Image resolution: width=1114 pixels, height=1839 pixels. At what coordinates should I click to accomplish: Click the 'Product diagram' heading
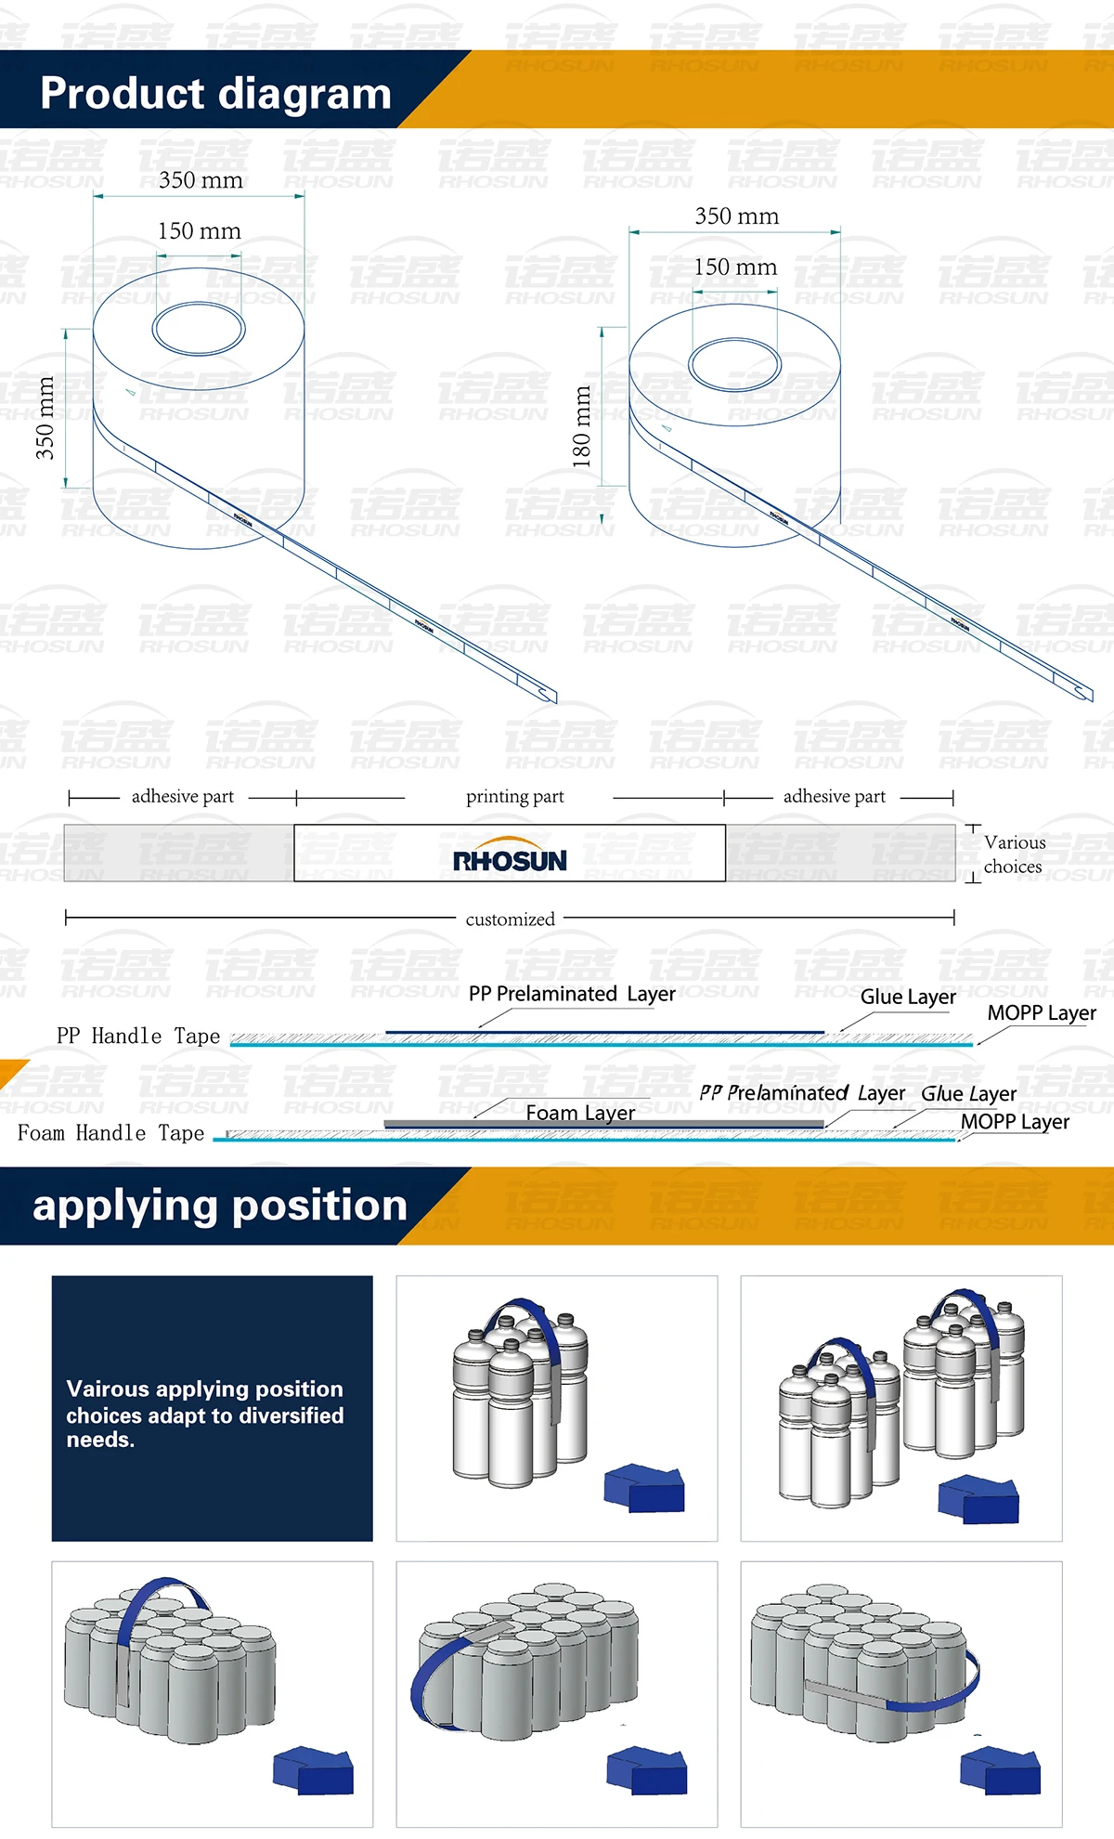215,94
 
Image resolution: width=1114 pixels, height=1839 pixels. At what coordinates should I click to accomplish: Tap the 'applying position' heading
220,1205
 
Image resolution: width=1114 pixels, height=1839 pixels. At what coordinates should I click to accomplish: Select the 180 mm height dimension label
582,426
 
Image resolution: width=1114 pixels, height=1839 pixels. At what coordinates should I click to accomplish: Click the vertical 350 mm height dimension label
45,418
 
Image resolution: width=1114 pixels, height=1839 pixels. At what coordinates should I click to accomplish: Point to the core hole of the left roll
199,329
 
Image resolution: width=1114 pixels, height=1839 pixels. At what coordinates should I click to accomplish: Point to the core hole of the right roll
734,364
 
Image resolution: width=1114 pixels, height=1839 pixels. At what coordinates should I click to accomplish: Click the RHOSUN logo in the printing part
510,860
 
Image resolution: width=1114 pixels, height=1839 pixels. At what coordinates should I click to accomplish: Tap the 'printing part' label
514,797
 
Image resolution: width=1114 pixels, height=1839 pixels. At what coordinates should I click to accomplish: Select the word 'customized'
510,919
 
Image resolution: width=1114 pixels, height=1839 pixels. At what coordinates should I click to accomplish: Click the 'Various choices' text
1014,854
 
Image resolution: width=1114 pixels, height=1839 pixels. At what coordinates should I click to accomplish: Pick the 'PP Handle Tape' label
138,1036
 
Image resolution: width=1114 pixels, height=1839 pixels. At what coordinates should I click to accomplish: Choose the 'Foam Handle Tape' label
110,1133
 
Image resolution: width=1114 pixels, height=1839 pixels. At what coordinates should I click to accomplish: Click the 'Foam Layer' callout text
580,1113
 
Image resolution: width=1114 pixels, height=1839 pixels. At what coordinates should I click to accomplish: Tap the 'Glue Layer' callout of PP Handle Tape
908,997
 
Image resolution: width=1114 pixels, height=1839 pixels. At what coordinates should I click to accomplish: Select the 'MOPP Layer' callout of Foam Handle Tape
1015,1122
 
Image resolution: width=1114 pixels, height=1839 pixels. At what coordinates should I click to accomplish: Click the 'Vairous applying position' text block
204,1414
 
